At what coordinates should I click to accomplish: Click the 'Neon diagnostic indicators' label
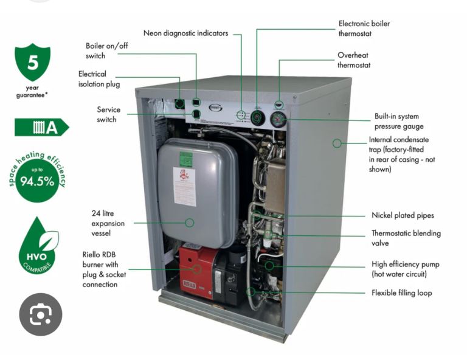tap(185, 33)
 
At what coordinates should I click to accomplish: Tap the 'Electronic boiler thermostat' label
tap(364, 29)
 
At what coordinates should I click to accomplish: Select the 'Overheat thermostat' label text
tap(353, 60)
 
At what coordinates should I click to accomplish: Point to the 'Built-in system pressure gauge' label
tap(396, 121)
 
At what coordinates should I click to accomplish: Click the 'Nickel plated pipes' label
tap(403, 215)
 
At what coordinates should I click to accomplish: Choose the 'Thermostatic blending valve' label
tap(406, 238)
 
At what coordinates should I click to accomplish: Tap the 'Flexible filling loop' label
tap(401, 293)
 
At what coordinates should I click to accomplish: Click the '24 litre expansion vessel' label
tap(108, 223)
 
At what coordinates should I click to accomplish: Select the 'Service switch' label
tap(108, 114)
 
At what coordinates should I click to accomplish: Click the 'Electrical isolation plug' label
tap(100, 78)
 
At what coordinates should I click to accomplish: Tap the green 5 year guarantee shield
tap(32, 63)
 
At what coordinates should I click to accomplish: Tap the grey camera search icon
tap(40, 314)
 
